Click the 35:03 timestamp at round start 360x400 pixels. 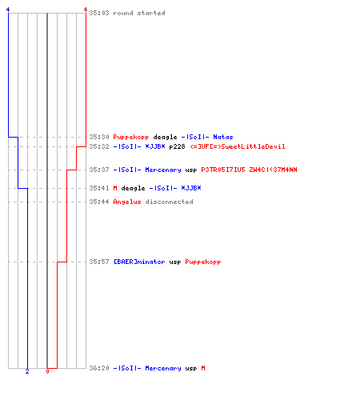(x=99, y=13)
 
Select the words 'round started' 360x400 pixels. (x=139, y=13)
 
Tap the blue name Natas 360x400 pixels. (x=223, y=137)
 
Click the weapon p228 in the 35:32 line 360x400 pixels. (x=177, y=146)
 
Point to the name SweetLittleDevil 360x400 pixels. (x=254, y=146)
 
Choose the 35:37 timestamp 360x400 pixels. (x=99, y=170)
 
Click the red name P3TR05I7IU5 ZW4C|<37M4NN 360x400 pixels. (x=249, y=170)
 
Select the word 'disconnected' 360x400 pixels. (x=170, y=202)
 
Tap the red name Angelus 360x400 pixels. (x=127, y=202)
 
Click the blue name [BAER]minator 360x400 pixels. (x=139, y=262)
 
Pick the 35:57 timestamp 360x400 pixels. (x=99, y=262)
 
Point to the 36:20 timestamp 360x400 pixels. (x=99, y=368)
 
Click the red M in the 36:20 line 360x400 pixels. (x=203, y=368)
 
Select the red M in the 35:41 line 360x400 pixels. (x=115, y=188)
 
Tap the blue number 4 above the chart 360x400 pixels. (x=8, y=10)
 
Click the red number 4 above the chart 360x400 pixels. (x=86, y=10)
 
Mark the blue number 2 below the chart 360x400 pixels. (x=27, y=371)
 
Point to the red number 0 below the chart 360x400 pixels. (x=47, y=371)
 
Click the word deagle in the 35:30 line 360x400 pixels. (x=165, y=137)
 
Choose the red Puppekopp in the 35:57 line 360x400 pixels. (x=203, y=262)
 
